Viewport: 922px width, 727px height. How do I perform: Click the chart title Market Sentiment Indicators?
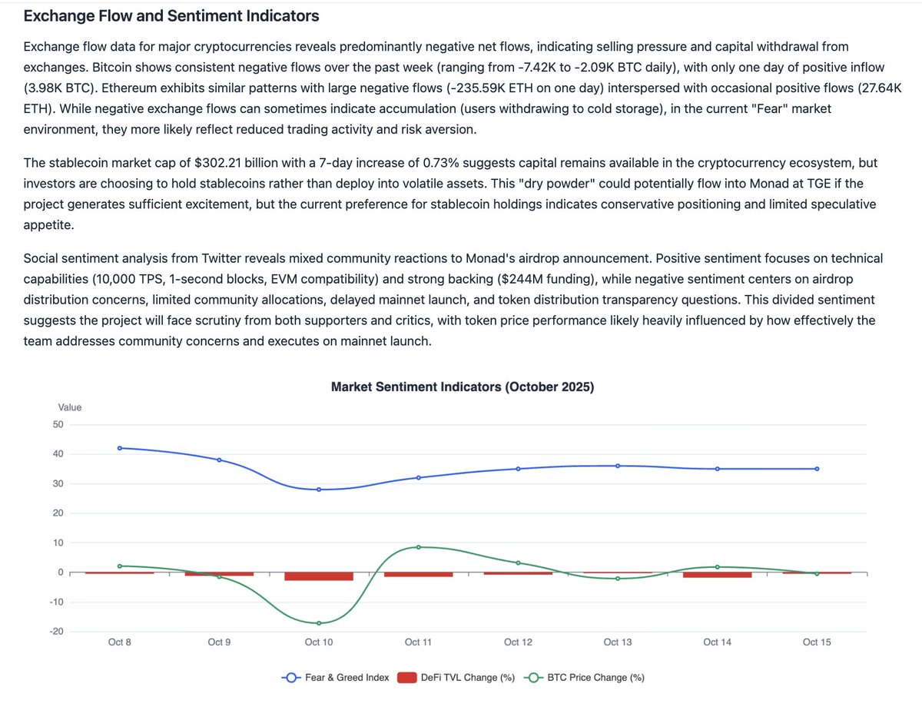point(462,387)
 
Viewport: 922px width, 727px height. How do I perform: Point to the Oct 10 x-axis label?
point(319,642)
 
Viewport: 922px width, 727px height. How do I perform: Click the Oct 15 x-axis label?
point(816,642)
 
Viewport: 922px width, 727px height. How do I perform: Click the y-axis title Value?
point(70,407)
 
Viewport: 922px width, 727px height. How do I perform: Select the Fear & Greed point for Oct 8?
point(120,448)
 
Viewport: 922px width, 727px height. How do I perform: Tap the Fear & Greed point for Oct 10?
point(319,490)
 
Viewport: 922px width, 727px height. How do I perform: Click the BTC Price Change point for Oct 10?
point(319,623)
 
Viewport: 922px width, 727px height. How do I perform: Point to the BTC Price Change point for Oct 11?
point(418,547)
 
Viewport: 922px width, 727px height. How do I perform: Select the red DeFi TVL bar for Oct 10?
point(319,576)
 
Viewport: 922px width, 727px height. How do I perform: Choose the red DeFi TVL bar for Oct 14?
point(717,575)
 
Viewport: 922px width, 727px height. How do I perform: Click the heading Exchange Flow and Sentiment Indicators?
point(171,15)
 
